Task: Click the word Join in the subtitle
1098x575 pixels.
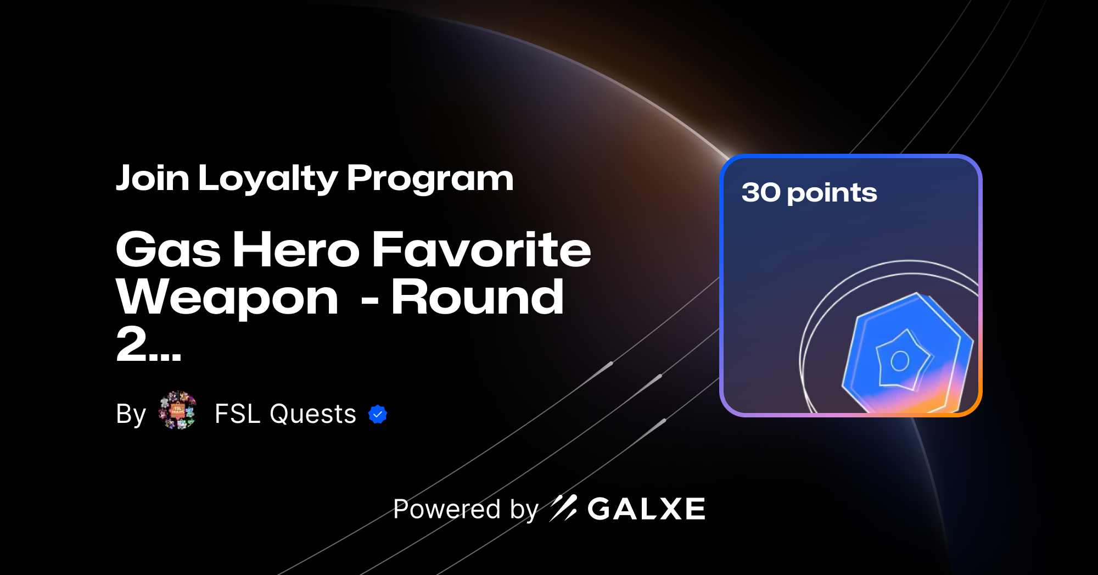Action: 153,178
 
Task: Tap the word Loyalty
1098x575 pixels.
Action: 268,179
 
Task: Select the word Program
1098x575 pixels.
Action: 430,179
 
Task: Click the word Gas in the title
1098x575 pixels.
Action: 168,250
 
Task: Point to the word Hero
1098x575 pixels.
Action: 296,250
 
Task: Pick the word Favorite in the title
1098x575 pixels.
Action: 481,250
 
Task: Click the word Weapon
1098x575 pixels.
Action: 227,298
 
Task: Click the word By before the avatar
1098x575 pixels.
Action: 131,414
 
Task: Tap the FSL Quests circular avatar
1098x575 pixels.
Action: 177,410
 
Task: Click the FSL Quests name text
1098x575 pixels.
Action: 285,414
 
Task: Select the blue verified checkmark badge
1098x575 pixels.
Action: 378,415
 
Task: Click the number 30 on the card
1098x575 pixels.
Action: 760,193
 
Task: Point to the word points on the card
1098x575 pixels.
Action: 832,194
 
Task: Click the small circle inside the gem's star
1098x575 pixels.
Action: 900,361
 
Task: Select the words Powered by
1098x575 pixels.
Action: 466,509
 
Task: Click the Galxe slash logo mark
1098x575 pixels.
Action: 563,508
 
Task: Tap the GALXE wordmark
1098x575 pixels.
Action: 646,509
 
